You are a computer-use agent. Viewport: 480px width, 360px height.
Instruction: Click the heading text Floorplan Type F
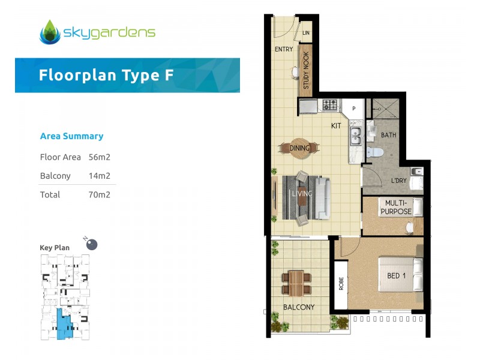pos(107,75)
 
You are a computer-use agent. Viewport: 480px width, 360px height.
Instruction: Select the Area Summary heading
pos(71,136)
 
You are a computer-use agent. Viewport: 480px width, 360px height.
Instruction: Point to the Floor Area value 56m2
pos(100,157)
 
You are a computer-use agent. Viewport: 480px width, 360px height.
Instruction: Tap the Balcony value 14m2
pos(100,176)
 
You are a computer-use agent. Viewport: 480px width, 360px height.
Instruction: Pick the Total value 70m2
pos(100,194)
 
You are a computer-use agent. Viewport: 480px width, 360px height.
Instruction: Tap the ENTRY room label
pos(283,49)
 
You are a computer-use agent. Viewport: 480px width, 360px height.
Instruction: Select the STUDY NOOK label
pos(305,71)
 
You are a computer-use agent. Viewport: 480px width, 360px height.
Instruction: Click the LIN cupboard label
pos(306,33)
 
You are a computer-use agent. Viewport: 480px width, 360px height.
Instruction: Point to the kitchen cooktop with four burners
pos(331,105)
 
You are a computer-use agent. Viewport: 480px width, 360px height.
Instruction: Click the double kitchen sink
pos(355,136)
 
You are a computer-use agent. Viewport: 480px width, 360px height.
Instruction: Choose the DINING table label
pos(299,148)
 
